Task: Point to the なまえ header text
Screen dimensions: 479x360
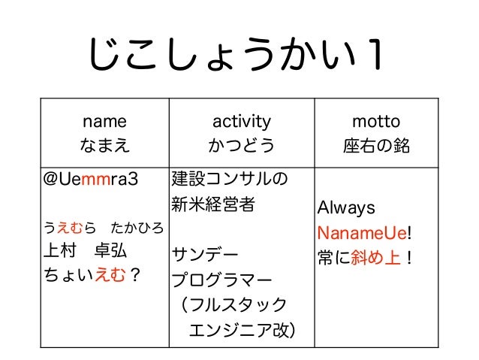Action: click(x=104, y=144)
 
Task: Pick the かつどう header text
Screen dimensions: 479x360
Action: click(x=241, y=144)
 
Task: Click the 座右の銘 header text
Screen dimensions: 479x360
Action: click(x=376, y=144)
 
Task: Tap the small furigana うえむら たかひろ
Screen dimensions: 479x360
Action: click(x=104, y=226)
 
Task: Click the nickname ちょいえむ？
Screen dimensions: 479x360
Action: click(x=92, y=277)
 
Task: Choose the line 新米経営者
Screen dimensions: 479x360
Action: click(x=213, y=204)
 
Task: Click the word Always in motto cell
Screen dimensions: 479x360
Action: click(x=348, y=207)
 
